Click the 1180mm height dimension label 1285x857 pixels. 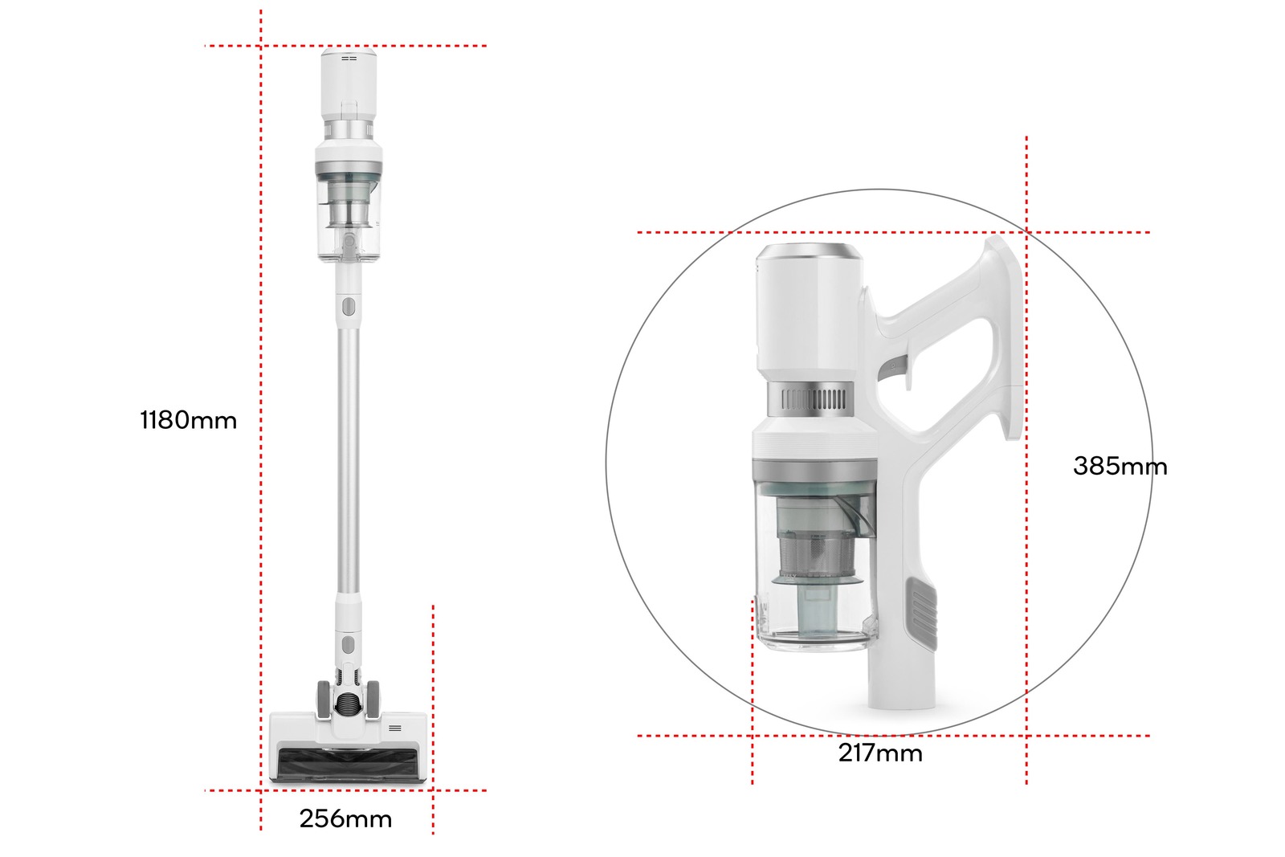click(189, 420)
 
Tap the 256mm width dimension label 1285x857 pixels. click(345, 818)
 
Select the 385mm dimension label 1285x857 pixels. click(1120, 466)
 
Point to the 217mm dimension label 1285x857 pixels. click(880, 753)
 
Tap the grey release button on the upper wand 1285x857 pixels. click(348, 307)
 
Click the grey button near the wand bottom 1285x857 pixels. click(348, 644)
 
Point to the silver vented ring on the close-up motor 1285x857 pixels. click(813, 399)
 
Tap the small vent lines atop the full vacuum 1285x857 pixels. click(349, 58)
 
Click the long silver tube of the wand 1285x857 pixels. click(348, 458)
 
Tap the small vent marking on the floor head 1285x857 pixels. click(394, 728)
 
